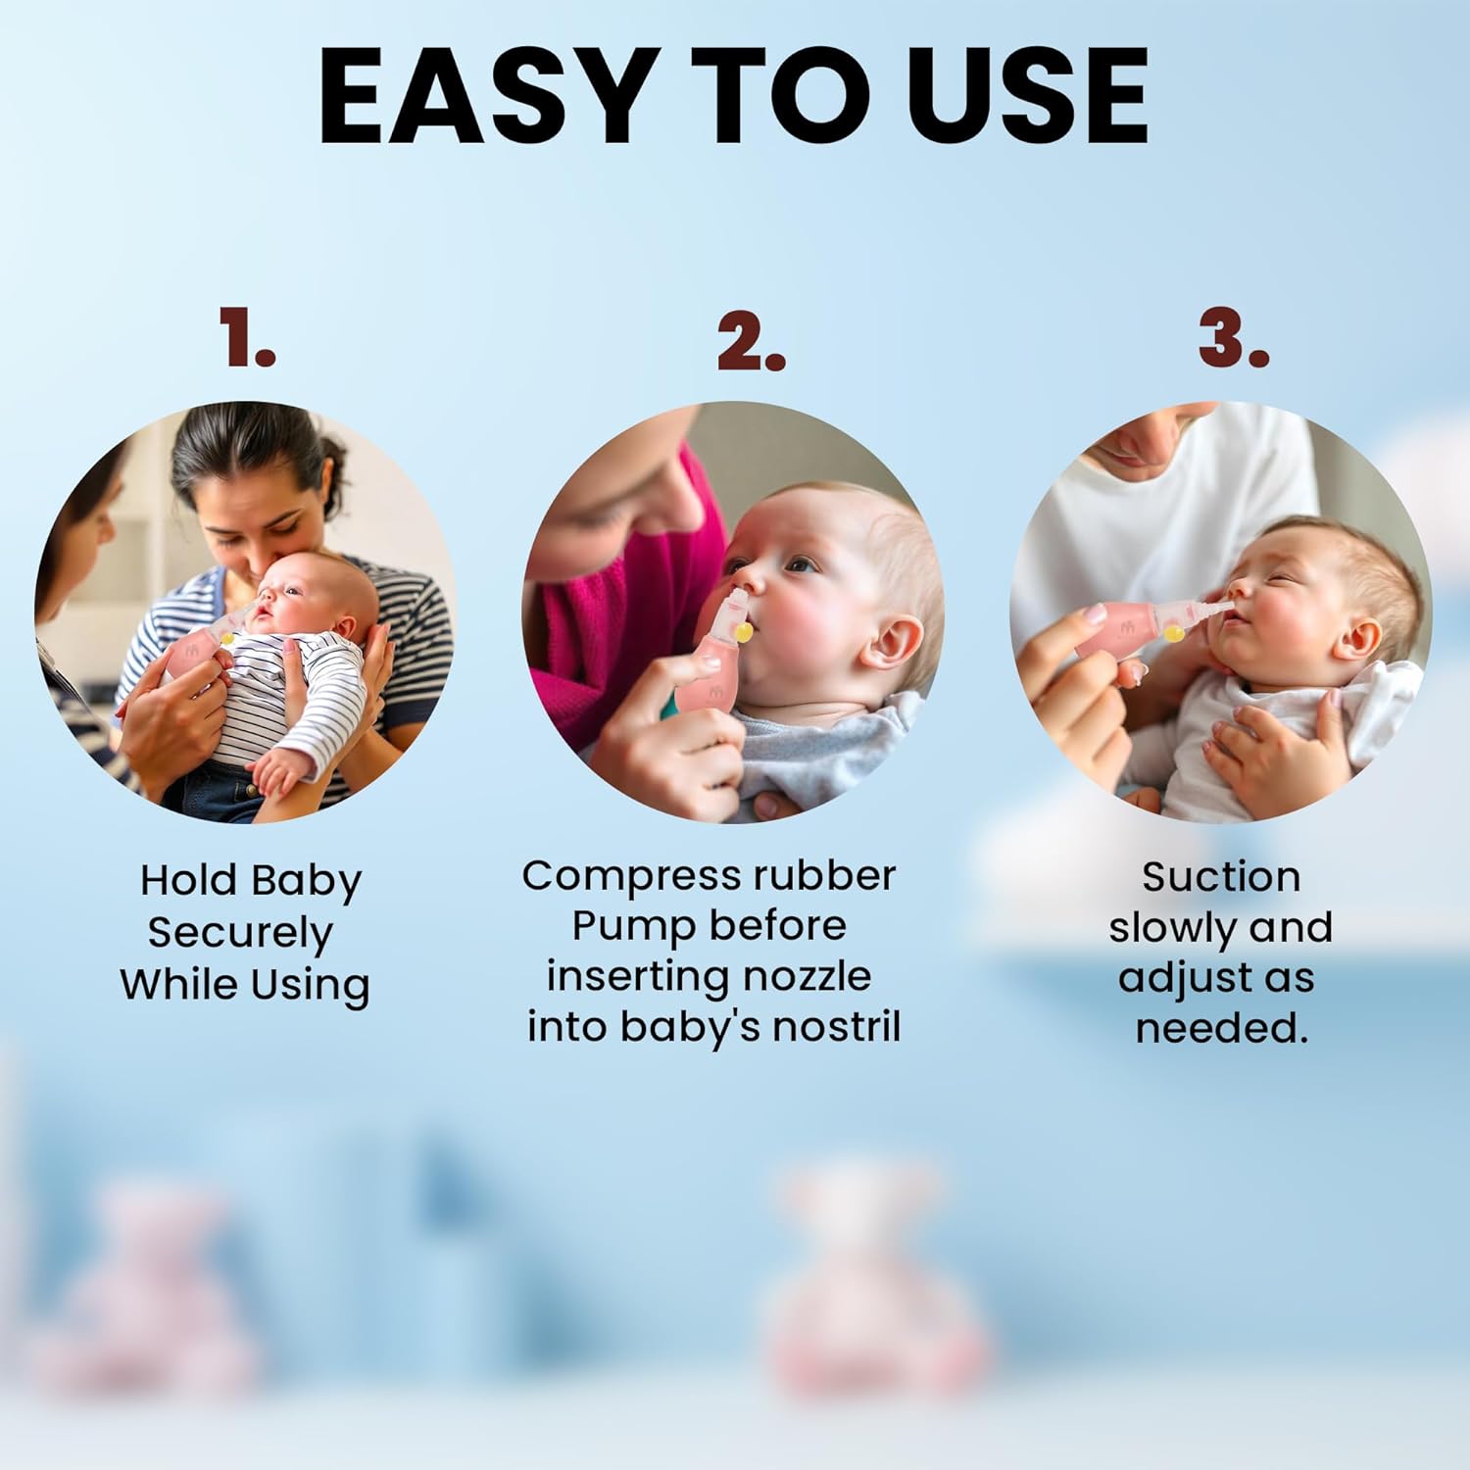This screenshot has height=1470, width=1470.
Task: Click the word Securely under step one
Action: click(240, 934)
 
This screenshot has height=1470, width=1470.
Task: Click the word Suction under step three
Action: click(1221, 876)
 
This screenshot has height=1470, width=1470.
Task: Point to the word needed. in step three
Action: click(1222, 1027)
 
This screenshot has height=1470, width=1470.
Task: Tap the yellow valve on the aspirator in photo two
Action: click(745, 634)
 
